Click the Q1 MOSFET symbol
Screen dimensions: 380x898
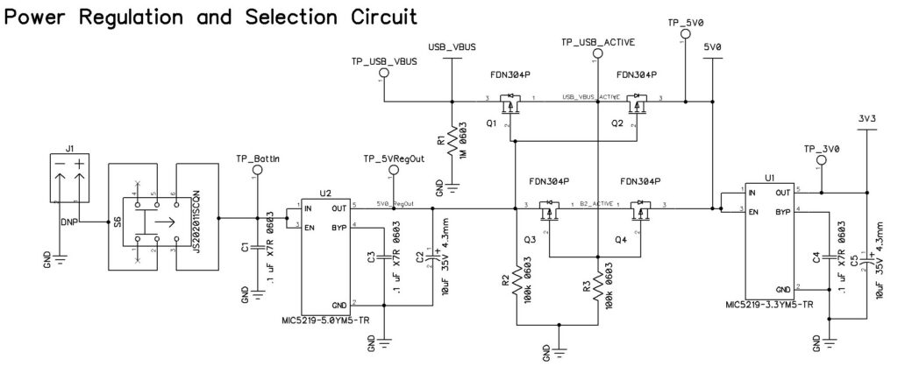pyautogui.click(x=510, y=105)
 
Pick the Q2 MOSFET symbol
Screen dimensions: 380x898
pyautogui.click(x=638, y=105)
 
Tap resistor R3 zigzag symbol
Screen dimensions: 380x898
pyautogui.click(x=597, y=285)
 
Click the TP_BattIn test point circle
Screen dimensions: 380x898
pyautogui.click(x=256, y=172)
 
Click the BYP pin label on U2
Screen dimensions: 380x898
pyautogui.click(x=338, y=227)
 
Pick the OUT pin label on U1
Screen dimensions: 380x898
pyautogui.click(x=780, y=192)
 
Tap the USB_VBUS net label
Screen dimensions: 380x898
pyautogui.click(x=450, y=46)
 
